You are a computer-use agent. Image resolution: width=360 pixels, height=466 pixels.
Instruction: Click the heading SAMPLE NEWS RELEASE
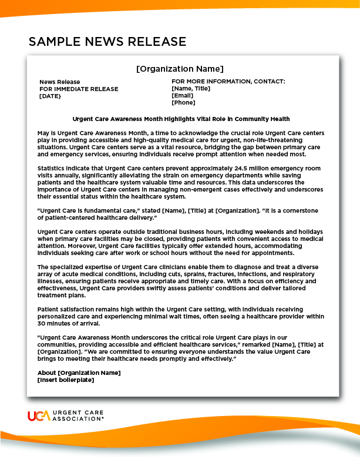click(x=107, y=42)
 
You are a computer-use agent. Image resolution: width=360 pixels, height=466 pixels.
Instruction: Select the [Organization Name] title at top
click(x=180, y=69)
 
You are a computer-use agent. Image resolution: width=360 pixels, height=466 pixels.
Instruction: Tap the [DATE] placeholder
click(x=50, y=96)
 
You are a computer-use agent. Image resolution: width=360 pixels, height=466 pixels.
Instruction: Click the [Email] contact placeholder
click(x=182, y=95)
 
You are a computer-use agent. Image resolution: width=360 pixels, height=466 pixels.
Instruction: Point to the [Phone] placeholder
click(x=183, y=102)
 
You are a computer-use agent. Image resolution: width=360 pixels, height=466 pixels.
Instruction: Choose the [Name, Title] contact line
click(x=191, y=89)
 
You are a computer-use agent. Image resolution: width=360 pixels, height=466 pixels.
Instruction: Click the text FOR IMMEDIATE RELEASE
click(x=79, y=89)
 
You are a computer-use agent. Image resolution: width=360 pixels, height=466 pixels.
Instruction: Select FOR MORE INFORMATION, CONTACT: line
click(x=228, y=82)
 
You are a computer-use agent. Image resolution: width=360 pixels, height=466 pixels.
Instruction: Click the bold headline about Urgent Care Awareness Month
click(x=180, y=119)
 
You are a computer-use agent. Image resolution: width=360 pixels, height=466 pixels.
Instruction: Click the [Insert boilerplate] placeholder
click(x=65, y=380)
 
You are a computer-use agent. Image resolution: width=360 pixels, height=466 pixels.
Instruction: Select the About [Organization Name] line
click(x=79, y=373)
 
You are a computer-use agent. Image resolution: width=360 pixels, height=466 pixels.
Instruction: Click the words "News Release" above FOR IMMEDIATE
click(x=59, y=82)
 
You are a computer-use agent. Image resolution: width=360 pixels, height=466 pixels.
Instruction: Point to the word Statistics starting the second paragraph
click(x=52, y=169)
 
